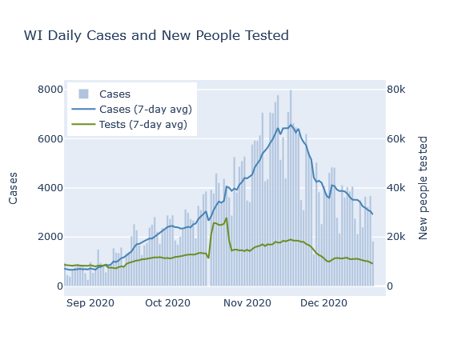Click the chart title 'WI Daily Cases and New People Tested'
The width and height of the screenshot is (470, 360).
[156, 35]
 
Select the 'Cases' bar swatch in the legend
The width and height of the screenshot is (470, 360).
[83, 94]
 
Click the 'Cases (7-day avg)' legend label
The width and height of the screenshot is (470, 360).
[146, 110]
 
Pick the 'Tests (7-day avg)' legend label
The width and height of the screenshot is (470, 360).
[143, 124]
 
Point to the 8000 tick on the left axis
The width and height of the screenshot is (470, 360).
[50, 90]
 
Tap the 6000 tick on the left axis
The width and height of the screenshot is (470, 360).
[50, 138]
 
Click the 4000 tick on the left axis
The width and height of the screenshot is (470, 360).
[50, 188]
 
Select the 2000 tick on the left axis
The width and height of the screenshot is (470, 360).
[50, 237]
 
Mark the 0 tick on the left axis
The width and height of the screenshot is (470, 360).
[60, 286]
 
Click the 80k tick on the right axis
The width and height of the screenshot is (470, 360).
[396, 90]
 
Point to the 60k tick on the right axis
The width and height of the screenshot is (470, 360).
[396, 138]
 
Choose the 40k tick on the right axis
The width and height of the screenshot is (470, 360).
[396, 188]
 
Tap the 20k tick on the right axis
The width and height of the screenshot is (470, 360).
[396, 237]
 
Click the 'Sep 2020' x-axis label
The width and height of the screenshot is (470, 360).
[90, 303]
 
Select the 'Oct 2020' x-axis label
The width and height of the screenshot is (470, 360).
[167, 303]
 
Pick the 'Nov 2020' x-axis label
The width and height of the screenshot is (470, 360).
[247, 303]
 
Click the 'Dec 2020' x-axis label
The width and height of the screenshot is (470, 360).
[323, 303]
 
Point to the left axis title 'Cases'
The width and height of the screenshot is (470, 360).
[13, 188]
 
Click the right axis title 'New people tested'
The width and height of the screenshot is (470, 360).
[423, 188]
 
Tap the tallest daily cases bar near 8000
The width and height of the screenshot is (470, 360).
[291, 188]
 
